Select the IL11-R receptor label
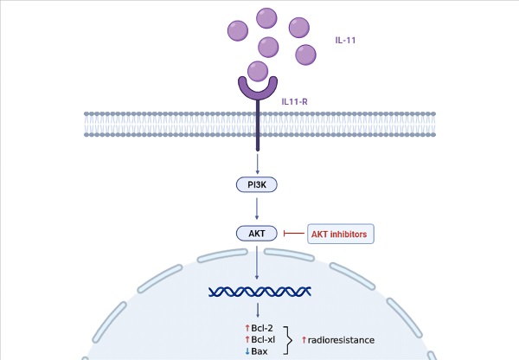(296, 101)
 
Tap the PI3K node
(257, 184)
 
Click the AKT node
(257, 232)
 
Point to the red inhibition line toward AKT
(295, 232)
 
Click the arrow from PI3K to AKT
(257, 208)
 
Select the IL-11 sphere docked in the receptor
(257, 71)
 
